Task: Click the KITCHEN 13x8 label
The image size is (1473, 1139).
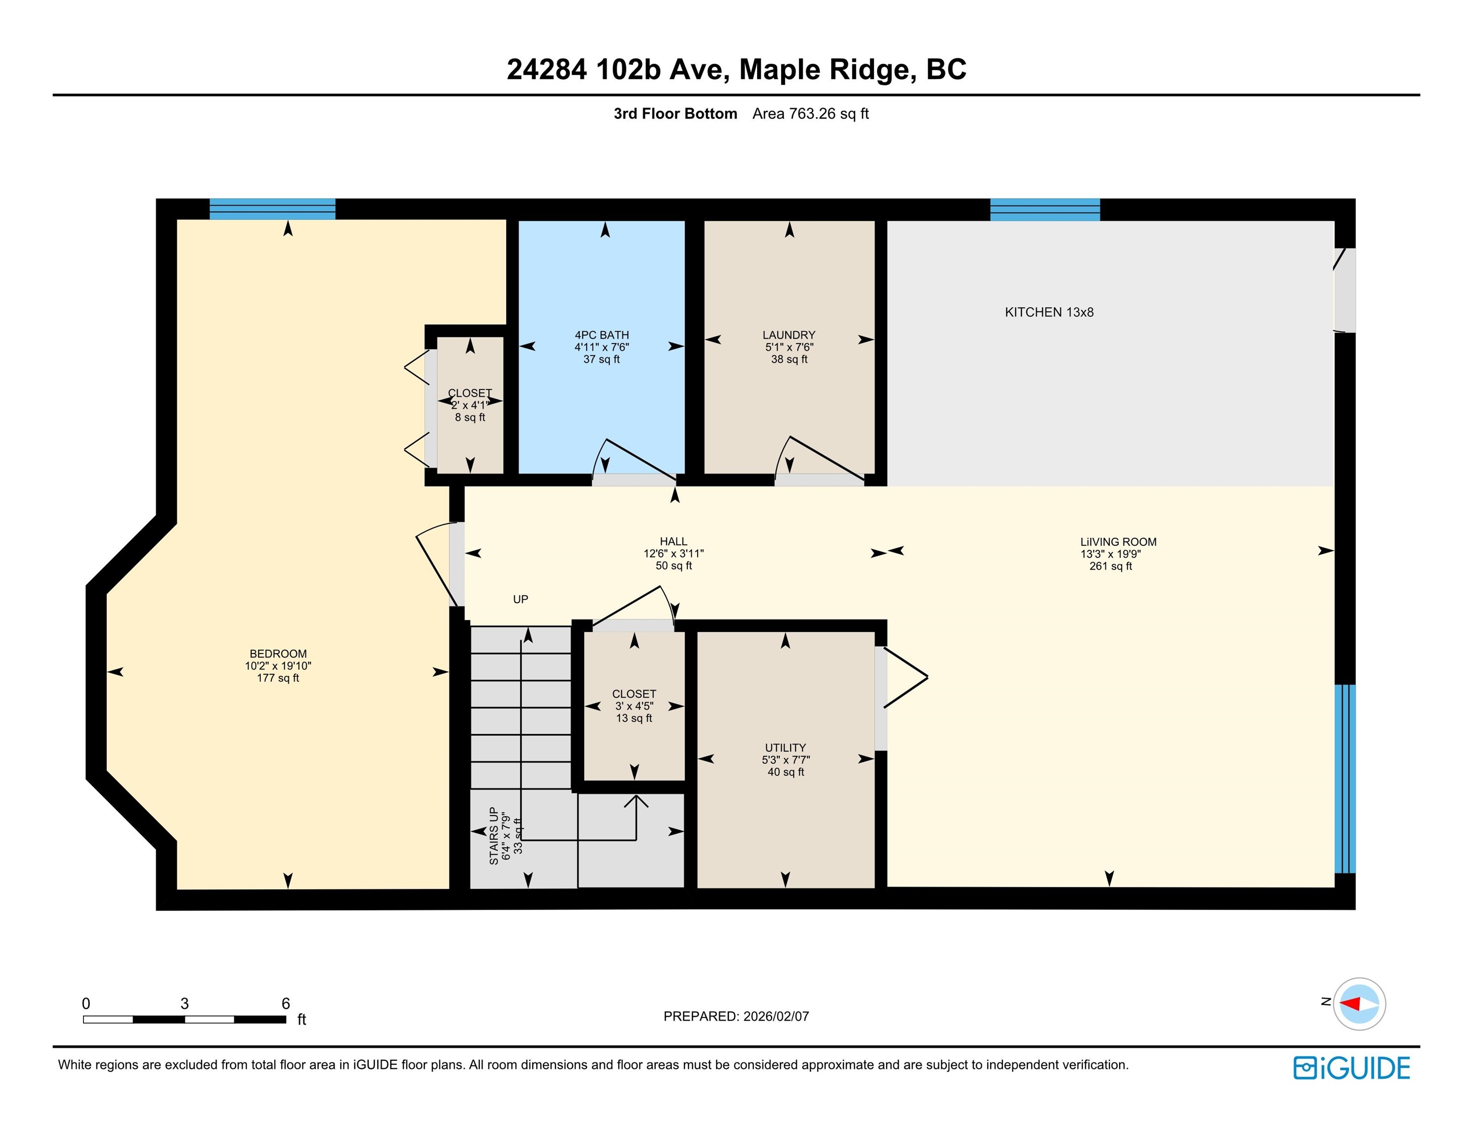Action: [1049, 312]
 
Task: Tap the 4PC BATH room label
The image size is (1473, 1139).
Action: [602, 335]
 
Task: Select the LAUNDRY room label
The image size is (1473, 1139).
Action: [789, 335]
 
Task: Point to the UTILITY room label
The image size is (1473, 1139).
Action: [785, 747]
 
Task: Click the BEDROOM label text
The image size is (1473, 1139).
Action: [278, 654]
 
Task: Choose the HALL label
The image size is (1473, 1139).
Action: [674, 541]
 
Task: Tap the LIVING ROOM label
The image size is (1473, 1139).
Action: [1118, 542]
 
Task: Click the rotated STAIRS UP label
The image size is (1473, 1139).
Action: [494, 836]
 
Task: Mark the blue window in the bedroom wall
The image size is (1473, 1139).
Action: [272, 209]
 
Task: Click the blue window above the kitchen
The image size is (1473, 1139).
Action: [1045, 210]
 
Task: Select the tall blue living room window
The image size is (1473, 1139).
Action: [1345, 779]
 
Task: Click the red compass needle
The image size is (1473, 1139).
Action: [1349, 1004]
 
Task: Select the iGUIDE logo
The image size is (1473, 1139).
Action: [1351, 1068]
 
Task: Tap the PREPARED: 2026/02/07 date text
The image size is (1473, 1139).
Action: [736, 1016]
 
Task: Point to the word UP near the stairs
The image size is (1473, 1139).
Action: [521, 599]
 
